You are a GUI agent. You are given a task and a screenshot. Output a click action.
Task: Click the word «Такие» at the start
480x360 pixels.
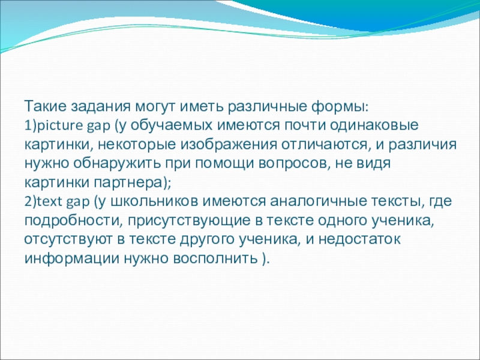pos(44,106)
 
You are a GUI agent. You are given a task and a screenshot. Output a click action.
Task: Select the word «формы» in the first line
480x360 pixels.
pos(340,107)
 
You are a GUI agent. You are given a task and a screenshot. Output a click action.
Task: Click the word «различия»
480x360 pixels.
pos(423,145)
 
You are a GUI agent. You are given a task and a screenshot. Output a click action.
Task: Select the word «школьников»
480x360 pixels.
pos(154,202)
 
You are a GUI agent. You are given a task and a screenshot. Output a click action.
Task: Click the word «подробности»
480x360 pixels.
pos(72,221)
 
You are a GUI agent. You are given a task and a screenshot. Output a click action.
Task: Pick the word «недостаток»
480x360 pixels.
pos(359,239)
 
